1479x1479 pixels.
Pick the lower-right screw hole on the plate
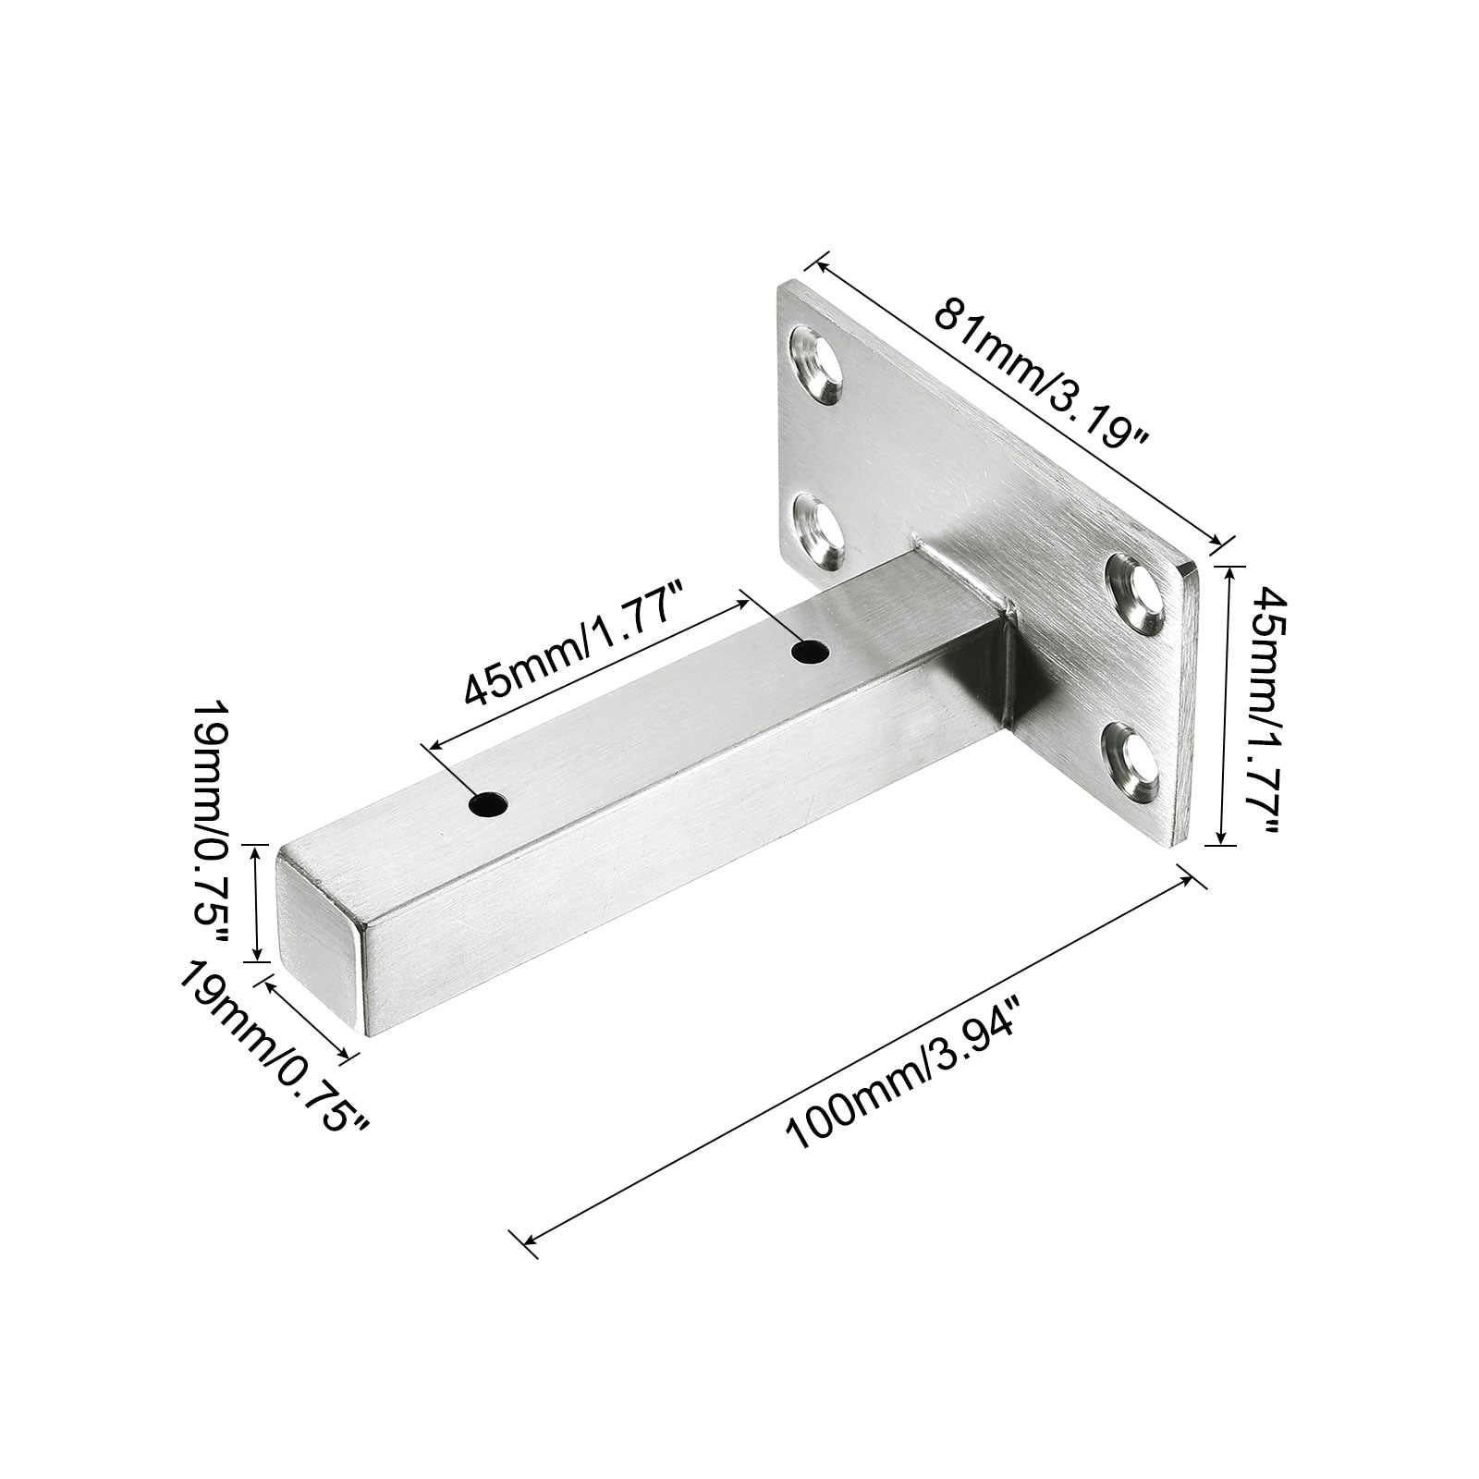pos(1131,760)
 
